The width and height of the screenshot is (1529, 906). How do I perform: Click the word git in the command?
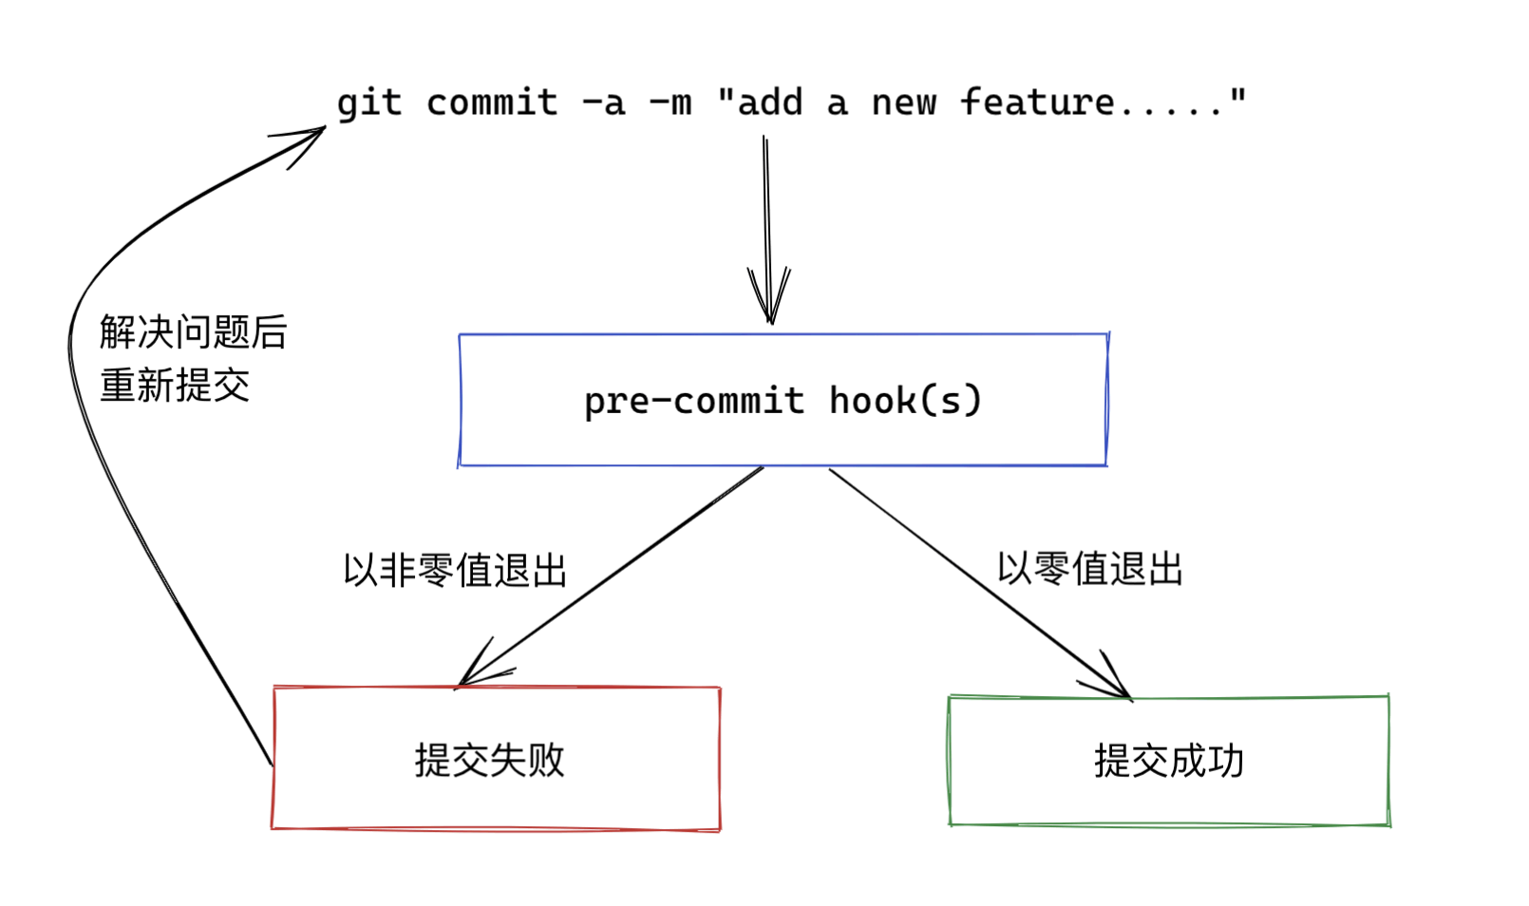pos(369,104)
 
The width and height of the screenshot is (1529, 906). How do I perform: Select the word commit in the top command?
pos(491,103)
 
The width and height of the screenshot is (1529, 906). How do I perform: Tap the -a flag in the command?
pos(604,103)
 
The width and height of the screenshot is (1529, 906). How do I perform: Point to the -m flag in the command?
pos(670,103)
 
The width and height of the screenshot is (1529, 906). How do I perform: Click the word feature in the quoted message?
pos(1037,102)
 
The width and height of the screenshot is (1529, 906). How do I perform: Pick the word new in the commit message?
pos(904,103)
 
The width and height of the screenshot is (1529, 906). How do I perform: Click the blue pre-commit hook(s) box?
pos(783,437)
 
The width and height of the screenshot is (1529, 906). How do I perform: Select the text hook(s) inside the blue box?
pos(905,400)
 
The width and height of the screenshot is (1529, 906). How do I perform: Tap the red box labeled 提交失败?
pos(496,798)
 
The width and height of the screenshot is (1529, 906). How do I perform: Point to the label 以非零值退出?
pos(455,571)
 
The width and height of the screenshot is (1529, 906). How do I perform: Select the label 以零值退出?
pos(1089,569)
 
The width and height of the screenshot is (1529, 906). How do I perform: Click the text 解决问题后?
pos(193,332)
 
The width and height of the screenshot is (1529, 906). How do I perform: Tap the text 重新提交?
pos(175,386)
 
